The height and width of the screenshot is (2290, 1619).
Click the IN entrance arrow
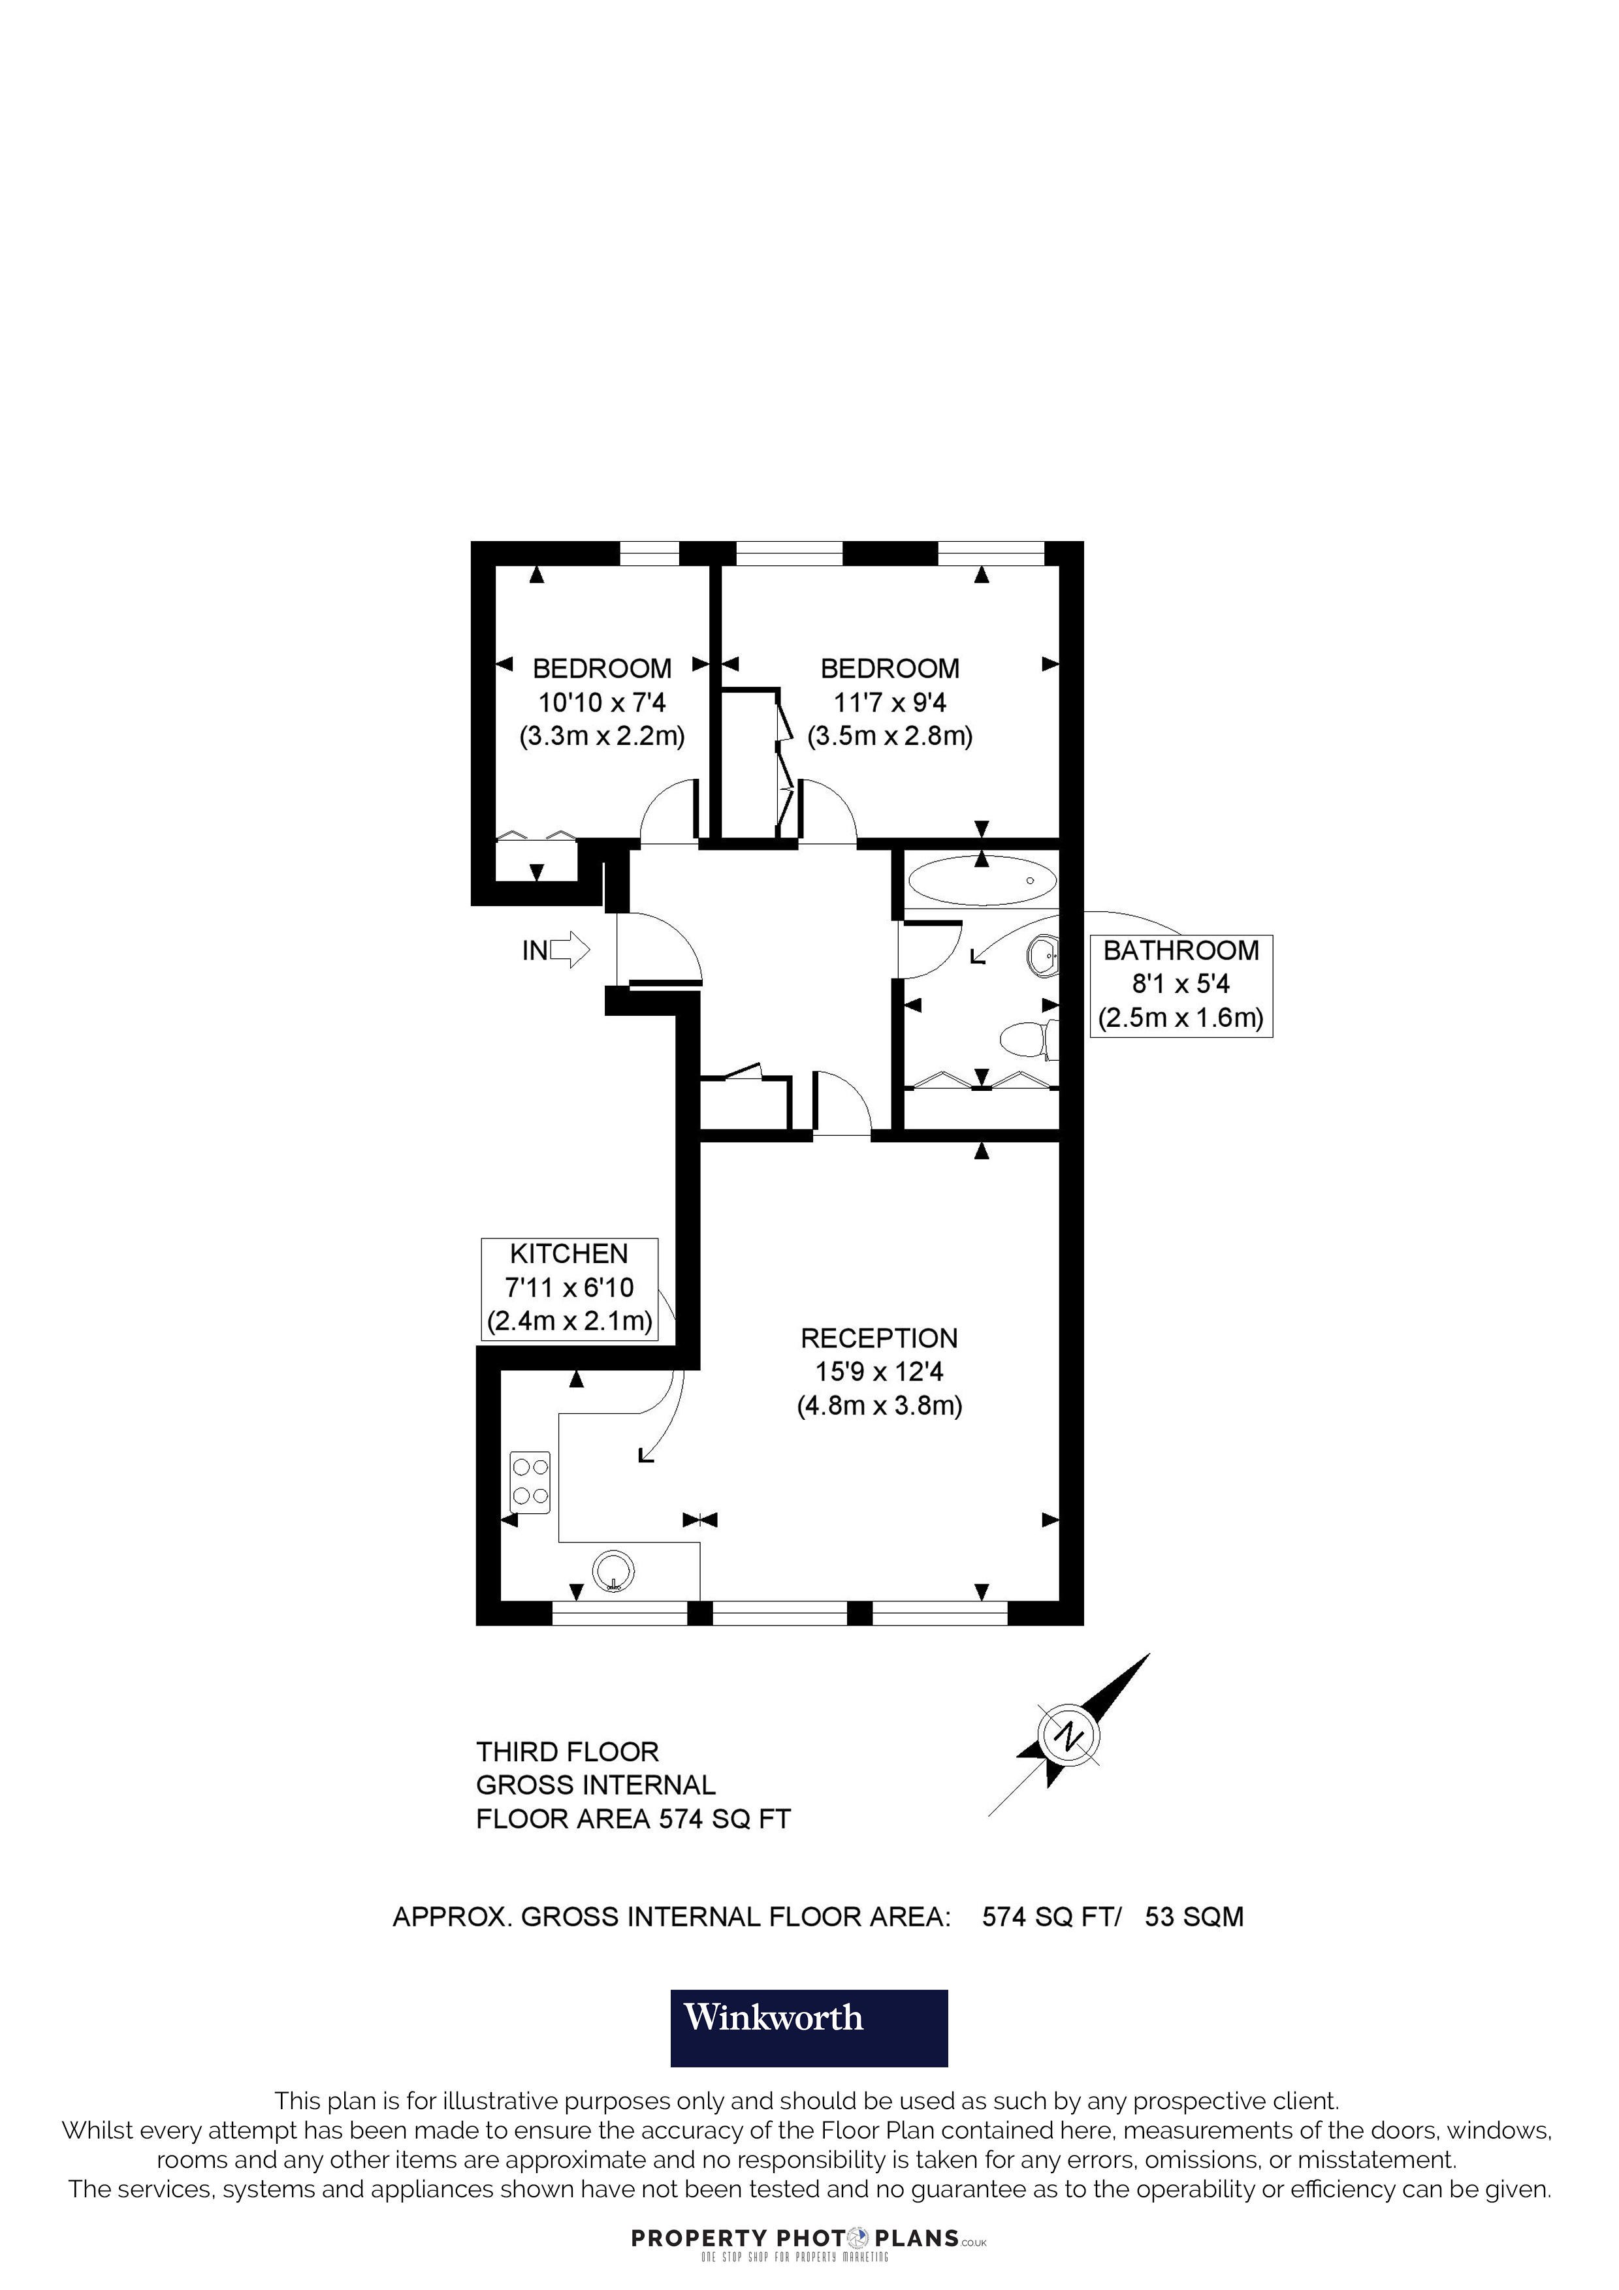point(569,950)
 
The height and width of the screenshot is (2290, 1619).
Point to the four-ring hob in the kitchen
point(530,1481)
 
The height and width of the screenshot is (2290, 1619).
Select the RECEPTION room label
point(879,1338)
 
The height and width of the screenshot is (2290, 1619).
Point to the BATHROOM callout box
point(1181,986)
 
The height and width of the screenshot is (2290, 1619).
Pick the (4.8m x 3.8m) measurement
point(879,1406)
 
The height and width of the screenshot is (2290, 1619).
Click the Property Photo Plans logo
point(808,2239)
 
